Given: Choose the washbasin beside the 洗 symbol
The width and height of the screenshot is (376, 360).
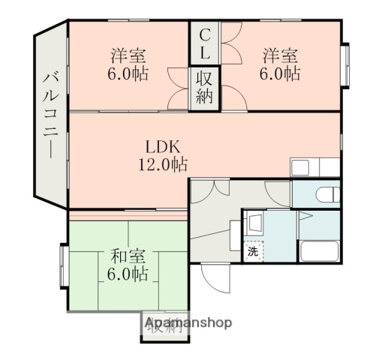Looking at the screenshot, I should tap(253, 223).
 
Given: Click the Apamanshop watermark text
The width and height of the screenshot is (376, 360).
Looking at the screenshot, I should tap(188, 323).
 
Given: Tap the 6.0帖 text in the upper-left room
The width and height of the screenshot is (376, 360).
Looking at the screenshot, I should tap(128, 74).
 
